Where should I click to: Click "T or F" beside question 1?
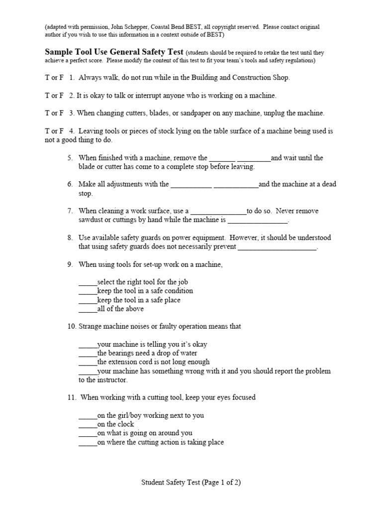(x=54, y=78)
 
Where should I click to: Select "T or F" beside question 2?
(x=54, y=95)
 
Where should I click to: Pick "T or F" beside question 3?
(x=54, y=113)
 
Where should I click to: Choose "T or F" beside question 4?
(x=54, y=131)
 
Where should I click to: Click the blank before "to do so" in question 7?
(x=218, y=212)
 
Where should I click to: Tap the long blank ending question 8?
(x=277, y=248)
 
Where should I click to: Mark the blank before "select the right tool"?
(x=88, y=282)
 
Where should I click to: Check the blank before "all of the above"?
(x=88, y=309)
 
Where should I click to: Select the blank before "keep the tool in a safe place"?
(x=88, y=300)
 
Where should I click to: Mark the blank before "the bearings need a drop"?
(x=88, y=354)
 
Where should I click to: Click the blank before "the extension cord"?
(x=88, y=363)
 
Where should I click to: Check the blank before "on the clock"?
(x=88, y=425)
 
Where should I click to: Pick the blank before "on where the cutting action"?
(x=88, y=443)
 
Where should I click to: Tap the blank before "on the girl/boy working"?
(x=88, y=416)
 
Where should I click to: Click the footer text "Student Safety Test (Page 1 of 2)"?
(x=191, y=482)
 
